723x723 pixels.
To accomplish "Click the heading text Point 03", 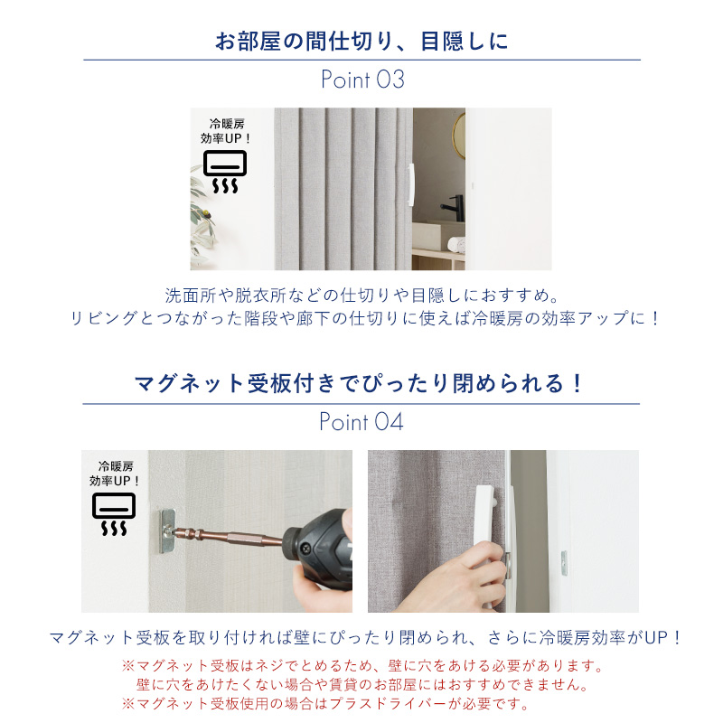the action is [x=363, y=80].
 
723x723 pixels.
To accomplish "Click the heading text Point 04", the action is [x=361, y=422].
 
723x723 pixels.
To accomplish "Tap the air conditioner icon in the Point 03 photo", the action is [x=225, y=172].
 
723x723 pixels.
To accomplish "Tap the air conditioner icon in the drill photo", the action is [x=114, y=514].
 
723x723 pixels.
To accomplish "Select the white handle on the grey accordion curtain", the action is [x=411, y=185].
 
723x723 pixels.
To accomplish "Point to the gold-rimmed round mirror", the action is [x=458, y=136].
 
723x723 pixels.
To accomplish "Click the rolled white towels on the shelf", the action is [x=456, y=244].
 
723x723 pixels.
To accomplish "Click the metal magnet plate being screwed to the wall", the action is [x=167, y=531].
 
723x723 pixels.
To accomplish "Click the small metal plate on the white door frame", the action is [x=563, y=563].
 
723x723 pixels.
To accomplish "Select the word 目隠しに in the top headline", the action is [x=465, y=41].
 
